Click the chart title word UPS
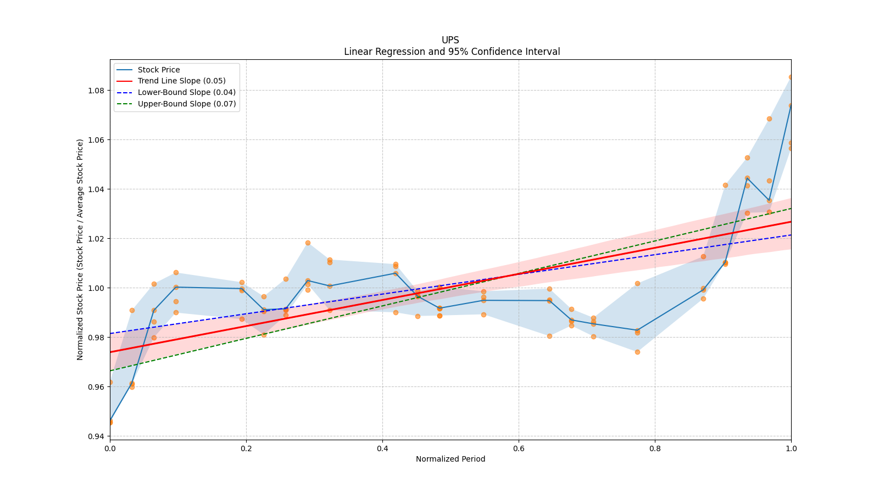click(x=450, y=40)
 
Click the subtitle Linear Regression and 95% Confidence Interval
click(x=452, y=52)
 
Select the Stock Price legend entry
click(x=159, y=70)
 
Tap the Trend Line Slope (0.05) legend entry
click(x=181, y=81)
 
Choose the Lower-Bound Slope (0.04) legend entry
click(x=186, y=93)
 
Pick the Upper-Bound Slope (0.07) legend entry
click(x=187, y=104)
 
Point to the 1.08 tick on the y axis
click(x=96, y=91)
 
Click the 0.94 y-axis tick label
click(x=96, y=436)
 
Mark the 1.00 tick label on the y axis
click(x=96, y=288)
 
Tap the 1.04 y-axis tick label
click(x=96, y=189)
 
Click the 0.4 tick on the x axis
click(x=382, y=448)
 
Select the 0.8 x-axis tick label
click(x=655, y=448)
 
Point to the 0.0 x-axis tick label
click(x=110, y=448)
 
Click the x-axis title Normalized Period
click(x=450, y=459)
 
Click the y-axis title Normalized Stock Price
click(x=80, y=249)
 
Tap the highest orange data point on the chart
click(x=791, y=77)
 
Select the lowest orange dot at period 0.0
click(x=110, y=422)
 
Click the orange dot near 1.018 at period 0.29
click(x=308, y=243)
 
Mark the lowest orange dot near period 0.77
click(x=637, y=352)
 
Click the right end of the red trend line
click(x=790, y=222)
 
